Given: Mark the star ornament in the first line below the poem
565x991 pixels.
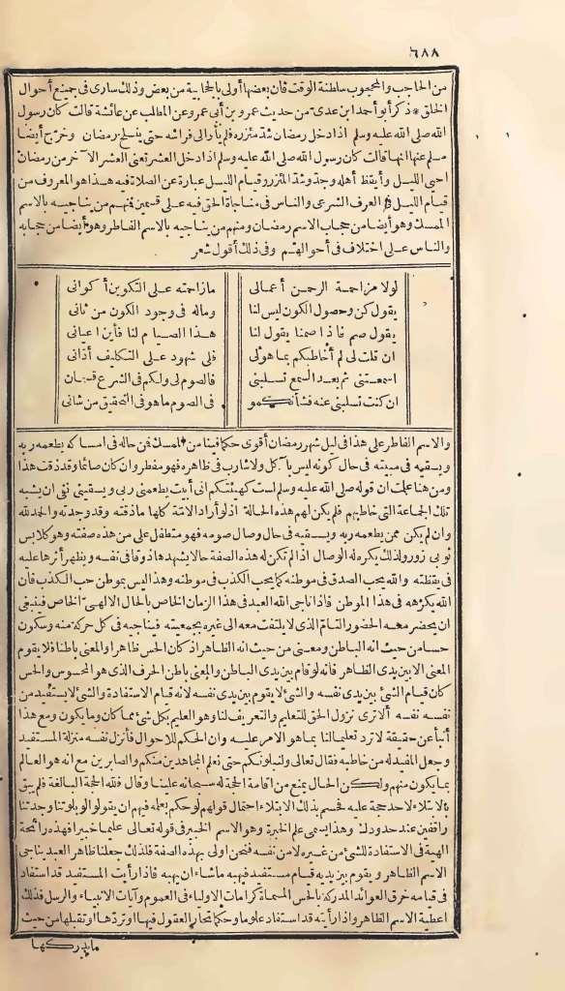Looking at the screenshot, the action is coord(189,436).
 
